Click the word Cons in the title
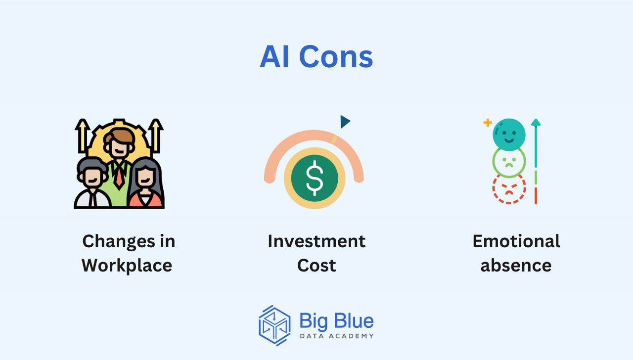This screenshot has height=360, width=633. click(x=336, y=57)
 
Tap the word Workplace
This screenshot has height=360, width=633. click(x=127, y=266)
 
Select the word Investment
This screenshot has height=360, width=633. click(x=316, y=241)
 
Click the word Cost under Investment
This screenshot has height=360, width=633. click(x=316, y=266)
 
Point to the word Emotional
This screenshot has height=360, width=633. click(x=516, y=241)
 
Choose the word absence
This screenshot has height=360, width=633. click(x=516, y=266)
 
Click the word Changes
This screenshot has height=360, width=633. click(x=119, y=242)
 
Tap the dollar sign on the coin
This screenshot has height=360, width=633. click(x=315, y=178)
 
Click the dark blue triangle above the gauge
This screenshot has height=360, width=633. click(x=345, y=122)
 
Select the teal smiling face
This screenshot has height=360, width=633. click(x=509, y=135)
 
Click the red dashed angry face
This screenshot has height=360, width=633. click(x=509, y=188)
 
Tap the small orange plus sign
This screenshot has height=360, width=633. click(x=488, y=123)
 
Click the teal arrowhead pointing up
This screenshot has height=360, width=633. click(x=536, y=122)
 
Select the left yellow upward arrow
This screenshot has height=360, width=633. click(x=83, y=135)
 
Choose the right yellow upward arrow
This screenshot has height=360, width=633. click(x=156, y=135)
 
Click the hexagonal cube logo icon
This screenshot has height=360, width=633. click(x=274, y=325)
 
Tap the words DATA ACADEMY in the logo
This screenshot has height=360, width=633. click(x=337, y=336)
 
